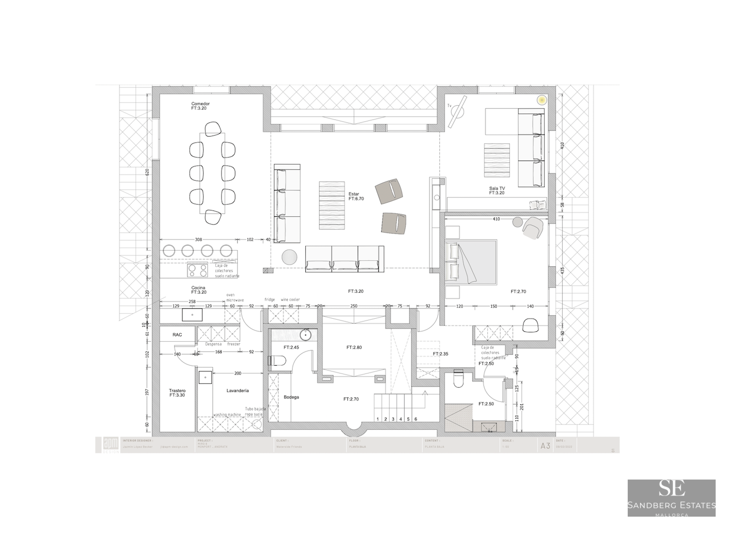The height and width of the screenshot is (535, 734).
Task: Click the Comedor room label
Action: pos(200,104)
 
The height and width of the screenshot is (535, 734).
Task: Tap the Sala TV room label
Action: pos(497,188)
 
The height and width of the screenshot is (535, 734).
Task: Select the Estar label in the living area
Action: pos(354,194)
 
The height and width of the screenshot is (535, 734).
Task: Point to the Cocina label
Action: pos(198,288)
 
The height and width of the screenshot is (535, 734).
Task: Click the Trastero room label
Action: pos(177,390)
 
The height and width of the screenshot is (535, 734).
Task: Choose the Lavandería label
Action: pos(237,390)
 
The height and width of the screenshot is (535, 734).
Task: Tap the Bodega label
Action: pos(291,397)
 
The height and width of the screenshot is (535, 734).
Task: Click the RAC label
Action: pos(177,335)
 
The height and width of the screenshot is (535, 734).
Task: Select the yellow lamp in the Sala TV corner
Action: pos(541,100)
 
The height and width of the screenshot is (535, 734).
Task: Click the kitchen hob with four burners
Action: pos(197,270)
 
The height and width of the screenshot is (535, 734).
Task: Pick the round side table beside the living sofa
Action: pos(289,257)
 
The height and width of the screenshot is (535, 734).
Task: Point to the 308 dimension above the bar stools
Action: pos(198,240)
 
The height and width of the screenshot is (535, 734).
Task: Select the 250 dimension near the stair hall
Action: pos(354,306)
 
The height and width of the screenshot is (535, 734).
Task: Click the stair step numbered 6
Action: pos(416,419)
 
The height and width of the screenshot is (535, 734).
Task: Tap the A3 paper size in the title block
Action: pos(545,446)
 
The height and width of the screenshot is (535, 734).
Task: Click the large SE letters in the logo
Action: pos(671,488)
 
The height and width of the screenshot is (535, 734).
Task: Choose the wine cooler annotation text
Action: pos(290,299)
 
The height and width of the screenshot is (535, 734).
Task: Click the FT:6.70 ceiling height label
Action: pos(356,199)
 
